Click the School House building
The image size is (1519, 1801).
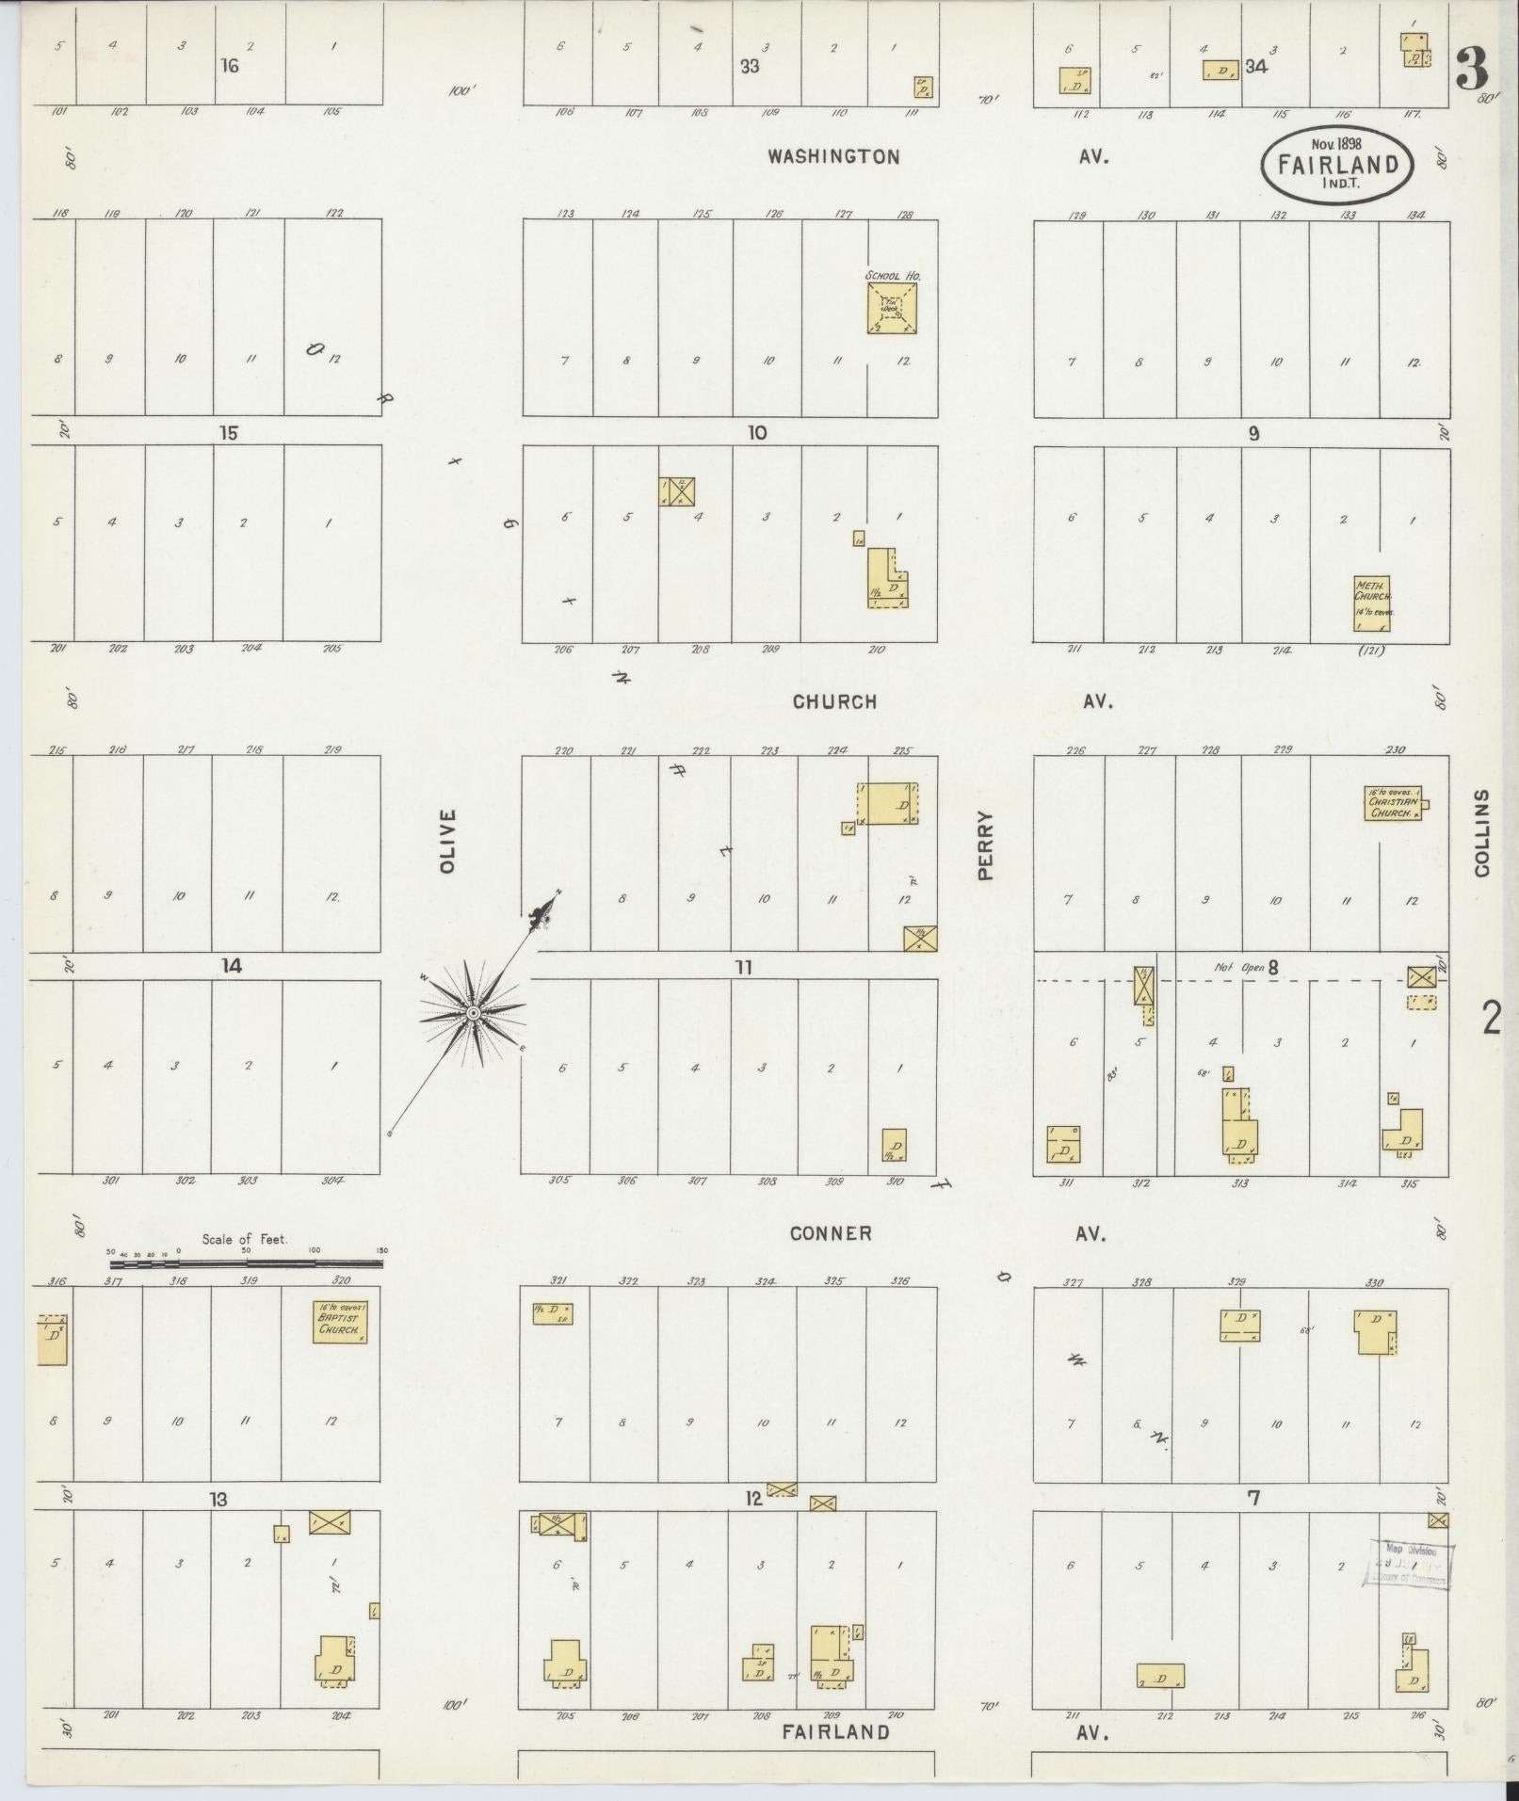(892, 309)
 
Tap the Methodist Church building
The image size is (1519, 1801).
(1371, 603)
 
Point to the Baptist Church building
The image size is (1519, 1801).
(339, 1322)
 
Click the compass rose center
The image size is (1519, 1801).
(474, 1013)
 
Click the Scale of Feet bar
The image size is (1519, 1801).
(247, 1263)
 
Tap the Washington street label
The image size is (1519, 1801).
(833, 157)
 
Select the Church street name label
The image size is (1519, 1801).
(834, 701)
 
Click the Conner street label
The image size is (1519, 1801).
(831, 1233)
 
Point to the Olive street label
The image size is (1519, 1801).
(448, 840)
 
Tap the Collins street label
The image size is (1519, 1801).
(1483, 833)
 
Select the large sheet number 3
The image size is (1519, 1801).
(1472, 68)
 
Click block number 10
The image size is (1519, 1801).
(757, 433)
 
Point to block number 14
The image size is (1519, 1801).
(232, 966)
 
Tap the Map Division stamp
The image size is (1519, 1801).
(1407, 1565)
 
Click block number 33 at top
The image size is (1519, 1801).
(750, 67)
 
